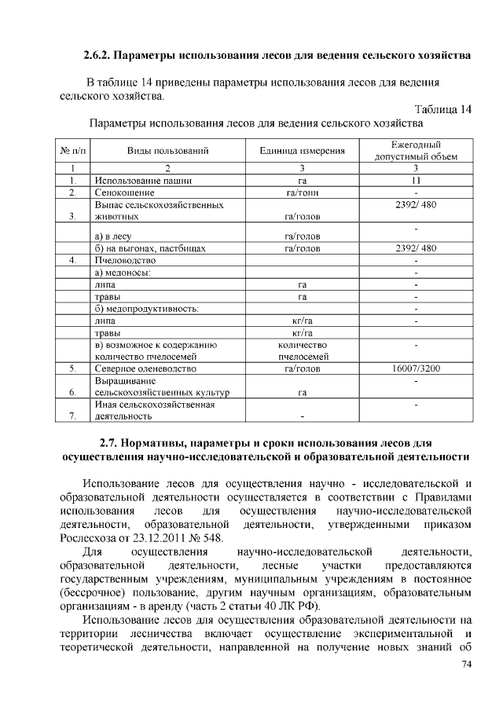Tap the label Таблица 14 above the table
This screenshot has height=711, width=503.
442,109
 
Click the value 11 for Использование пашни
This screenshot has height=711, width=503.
416,180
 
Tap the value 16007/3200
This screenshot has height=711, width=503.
416,368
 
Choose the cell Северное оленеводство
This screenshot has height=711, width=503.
145,368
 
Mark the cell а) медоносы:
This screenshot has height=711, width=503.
122,272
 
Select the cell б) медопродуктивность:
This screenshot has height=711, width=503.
145,308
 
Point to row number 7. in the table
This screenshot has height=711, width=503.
72,416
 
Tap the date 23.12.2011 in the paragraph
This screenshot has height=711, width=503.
151,537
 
